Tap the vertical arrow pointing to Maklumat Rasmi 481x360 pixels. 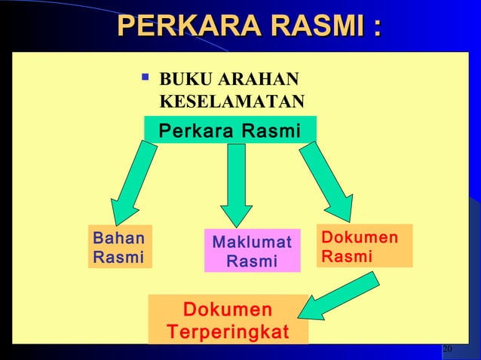click(236, 185)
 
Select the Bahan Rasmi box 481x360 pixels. click(119, 247)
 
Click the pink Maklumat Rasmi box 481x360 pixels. click(252, 251)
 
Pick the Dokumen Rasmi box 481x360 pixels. click(364, 246)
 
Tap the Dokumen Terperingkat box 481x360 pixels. click(228, 320)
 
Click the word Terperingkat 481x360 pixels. click(228, 331)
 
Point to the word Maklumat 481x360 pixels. click(252, 242)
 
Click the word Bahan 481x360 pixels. click(118, 238)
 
